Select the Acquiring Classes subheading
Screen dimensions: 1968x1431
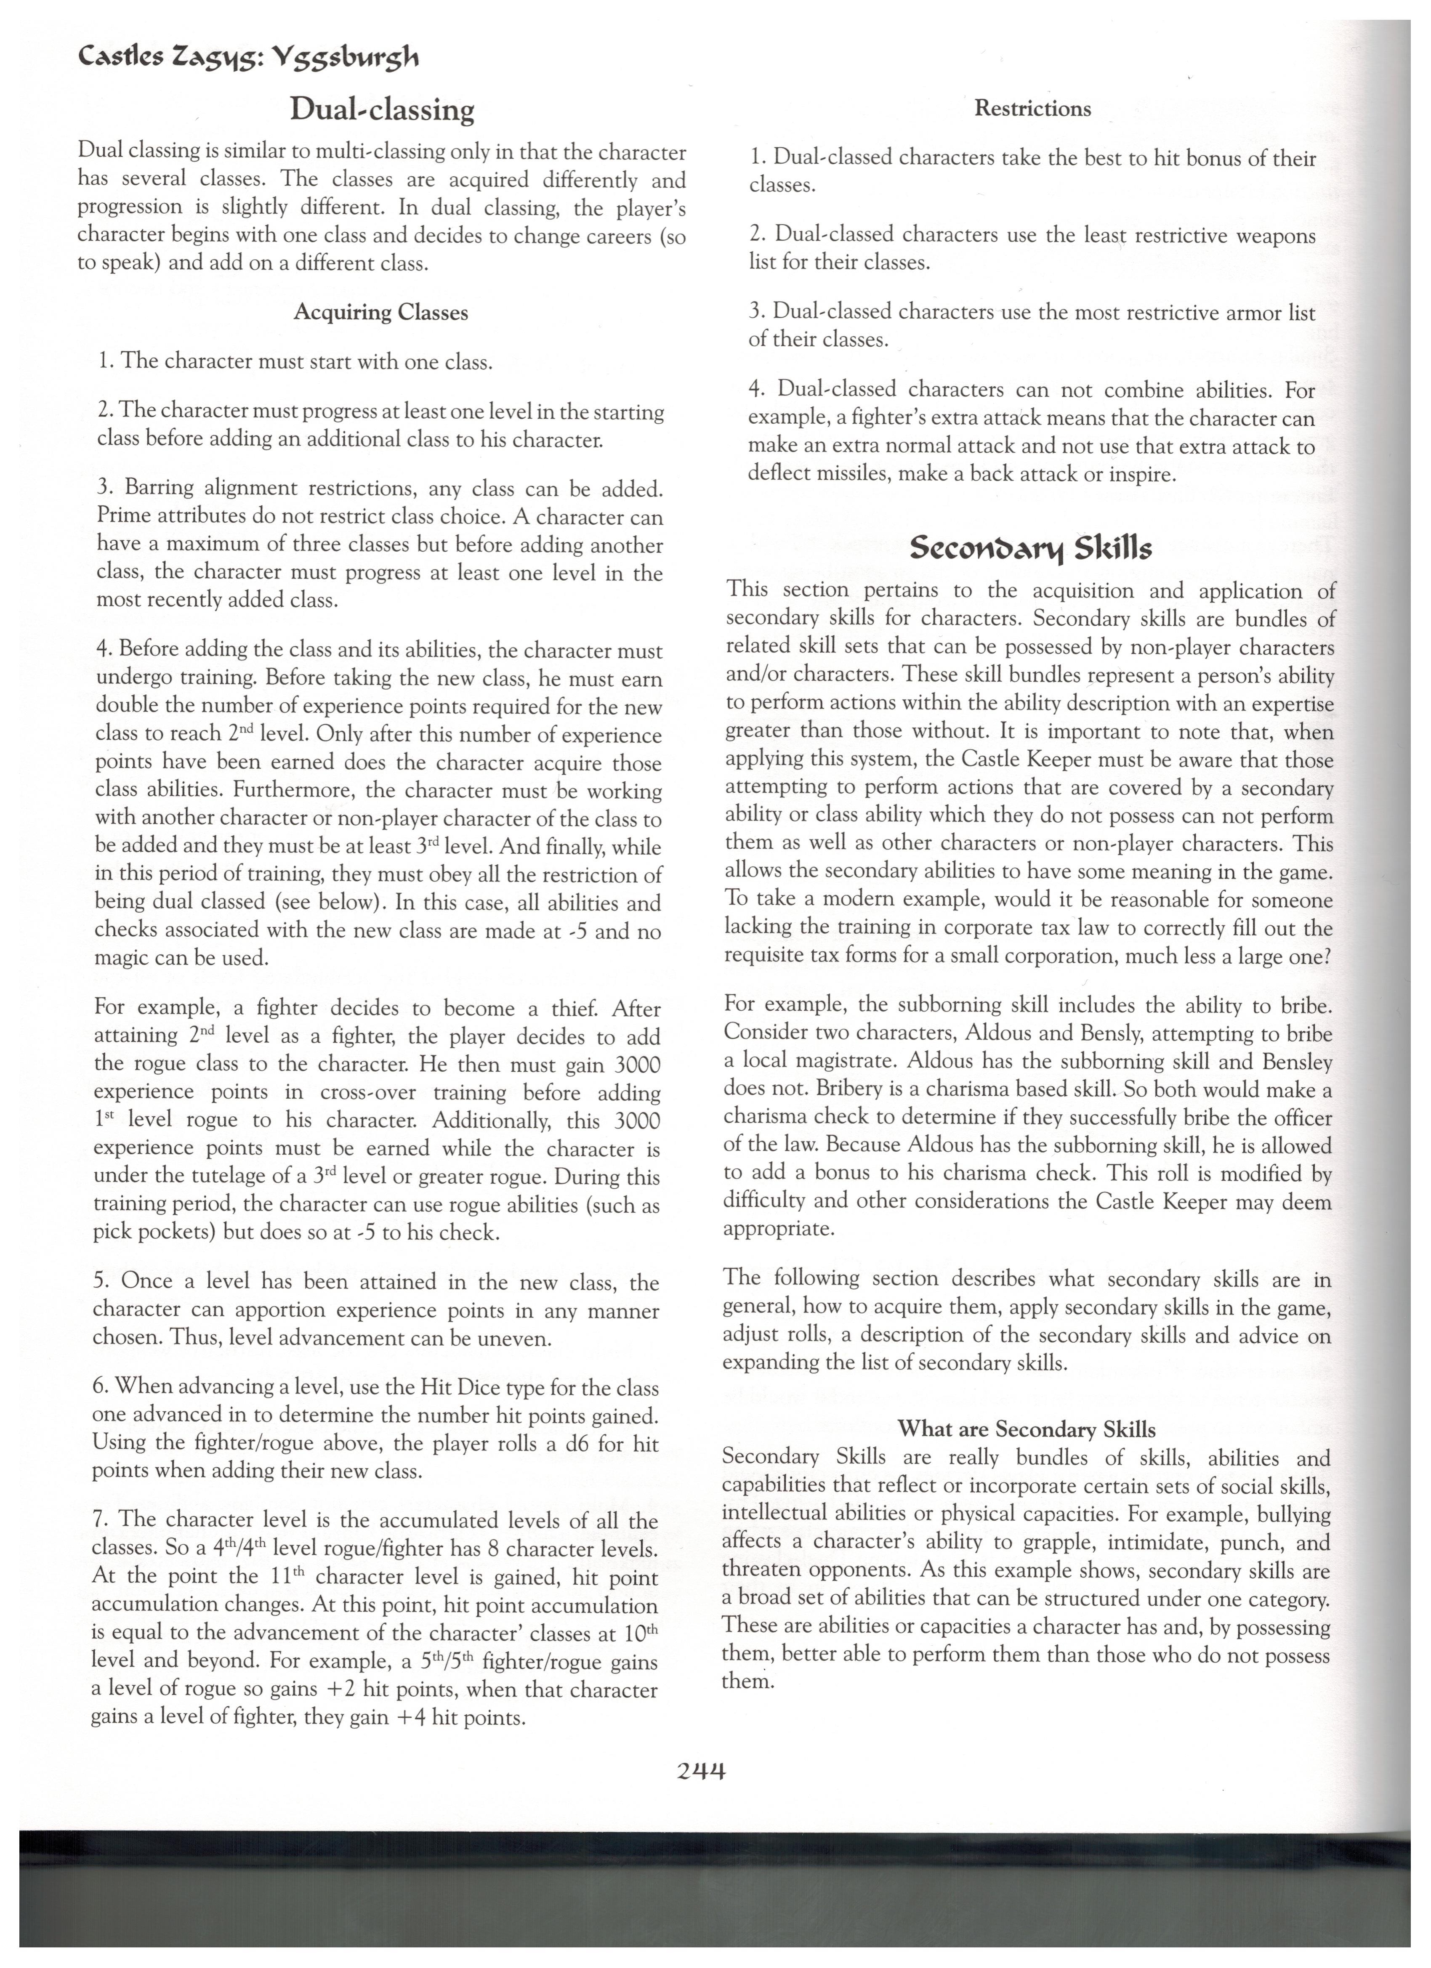pos(381,312)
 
